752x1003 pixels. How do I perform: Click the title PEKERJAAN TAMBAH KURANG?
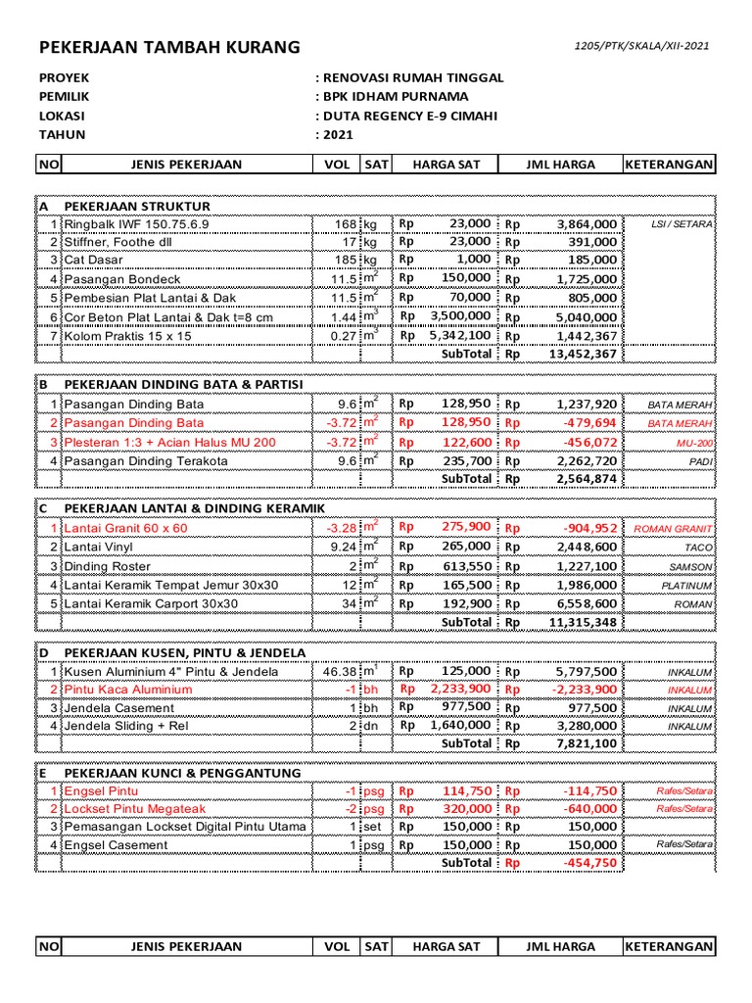pyautogui.click(x=169, y=48)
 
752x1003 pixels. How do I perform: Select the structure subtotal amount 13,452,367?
pyautogui.click(x=587, y=354)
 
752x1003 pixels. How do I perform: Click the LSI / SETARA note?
pyautogui.click(x=681, y=224)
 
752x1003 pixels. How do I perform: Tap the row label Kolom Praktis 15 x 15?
pyautogui.click(x=126, y=335)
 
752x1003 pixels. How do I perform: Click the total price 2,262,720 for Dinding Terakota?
pyautogui.click(x=587, y=460)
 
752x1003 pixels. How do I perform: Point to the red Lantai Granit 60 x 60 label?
pyautogui.click(x=125, y=528)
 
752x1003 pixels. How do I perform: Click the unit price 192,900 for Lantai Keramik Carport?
pyautogui.click(x=465, y=603)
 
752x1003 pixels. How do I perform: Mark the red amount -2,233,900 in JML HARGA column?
pyautogui.click(x=585, y=690)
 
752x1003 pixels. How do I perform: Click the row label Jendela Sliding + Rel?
pyautogui.click(x=127, y=726)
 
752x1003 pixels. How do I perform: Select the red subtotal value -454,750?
pyautogui.click(x=589, y=863)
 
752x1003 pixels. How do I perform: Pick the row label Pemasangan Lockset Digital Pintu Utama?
pyautogui.click(x=185, y=826)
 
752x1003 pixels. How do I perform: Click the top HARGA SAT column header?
pyautogui.click(x=446, y=165)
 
